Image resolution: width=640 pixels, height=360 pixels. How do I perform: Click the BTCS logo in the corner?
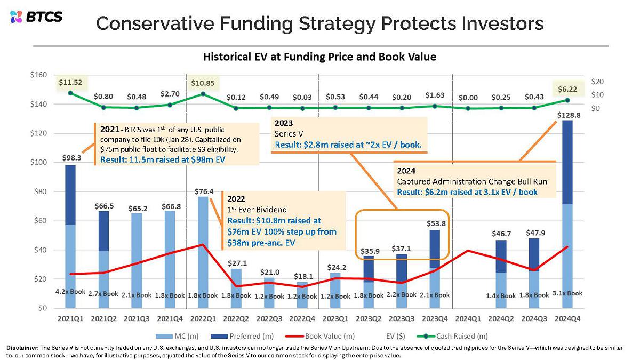coord(36,17)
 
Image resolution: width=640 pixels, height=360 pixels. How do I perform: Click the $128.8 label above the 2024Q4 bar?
coord(569,115)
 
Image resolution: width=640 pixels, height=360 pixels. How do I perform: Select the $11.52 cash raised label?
coord(70,82)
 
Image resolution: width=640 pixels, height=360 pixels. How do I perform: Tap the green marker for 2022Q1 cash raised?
coord(203,94)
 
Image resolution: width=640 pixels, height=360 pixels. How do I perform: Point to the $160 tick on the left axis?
coord(38,75)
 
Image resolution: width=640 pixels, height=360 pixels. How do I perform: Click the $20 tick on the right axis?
coord(597,82)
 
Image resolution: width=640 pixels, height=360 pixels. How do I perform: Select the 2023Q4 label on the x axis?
coord(435,318)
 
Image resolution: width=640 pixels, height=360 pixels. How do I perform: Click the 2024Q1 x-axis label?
coord(468,318)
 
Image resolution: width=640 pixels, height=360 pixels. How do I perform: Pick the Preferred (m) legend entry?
coord(242,337)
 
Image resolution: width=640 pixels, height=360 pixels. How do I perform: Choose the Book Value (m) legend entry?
coord(320,337)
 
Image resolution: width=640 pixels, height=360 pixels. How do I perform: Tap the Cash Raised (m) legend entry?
coord(452,337)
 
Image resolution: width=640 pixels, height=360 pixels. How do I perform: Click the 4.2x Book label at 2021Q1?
coord(70,292)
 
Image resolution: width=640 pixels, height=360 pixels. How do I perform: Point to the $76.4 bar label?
coord(204,191)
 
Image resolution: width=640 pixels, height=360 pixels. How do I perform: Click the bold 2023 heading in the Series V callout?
coord(284,123)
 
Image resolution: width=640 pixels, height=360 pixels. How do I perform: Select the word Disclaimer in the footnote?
coord(22,348)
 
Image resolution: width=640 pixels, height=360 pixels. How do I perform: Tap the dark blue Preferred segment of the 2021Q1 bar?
coord(70,195)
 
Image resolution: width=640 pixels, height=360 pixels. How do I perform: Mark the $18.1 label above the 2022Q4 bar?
coord(303,277)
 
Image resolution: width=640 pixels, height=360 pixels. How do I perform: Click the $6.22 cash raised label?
coord(567,89)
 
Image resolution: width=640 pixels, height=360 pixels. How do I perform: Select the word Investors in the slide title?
coord(502,23)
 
